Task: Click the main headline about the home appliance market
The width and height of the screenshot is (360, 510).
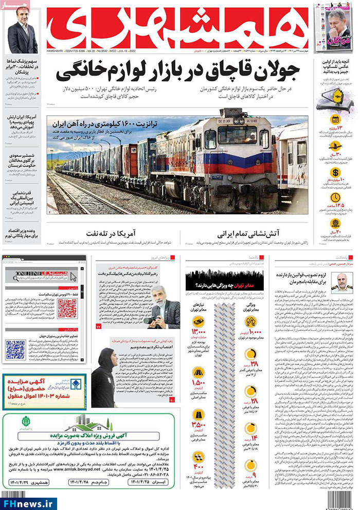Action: pos(182,72)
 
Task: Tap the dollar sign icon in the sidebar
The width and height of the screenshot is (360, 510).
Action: pos(335,173)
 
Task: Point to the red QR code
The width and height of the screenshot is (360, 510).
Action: pos(67,308)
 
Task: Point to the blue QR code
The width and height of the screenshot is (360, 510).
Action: pos(15,349)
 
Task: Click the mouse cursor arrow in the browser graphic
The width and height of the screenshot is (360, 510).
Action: pos(74,277)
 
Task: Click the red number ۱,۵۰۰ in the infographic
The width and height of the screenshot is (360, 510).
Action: pos(199,384)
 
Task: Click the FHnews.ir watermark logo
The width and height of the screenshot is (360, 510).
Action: pos(29,502)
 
